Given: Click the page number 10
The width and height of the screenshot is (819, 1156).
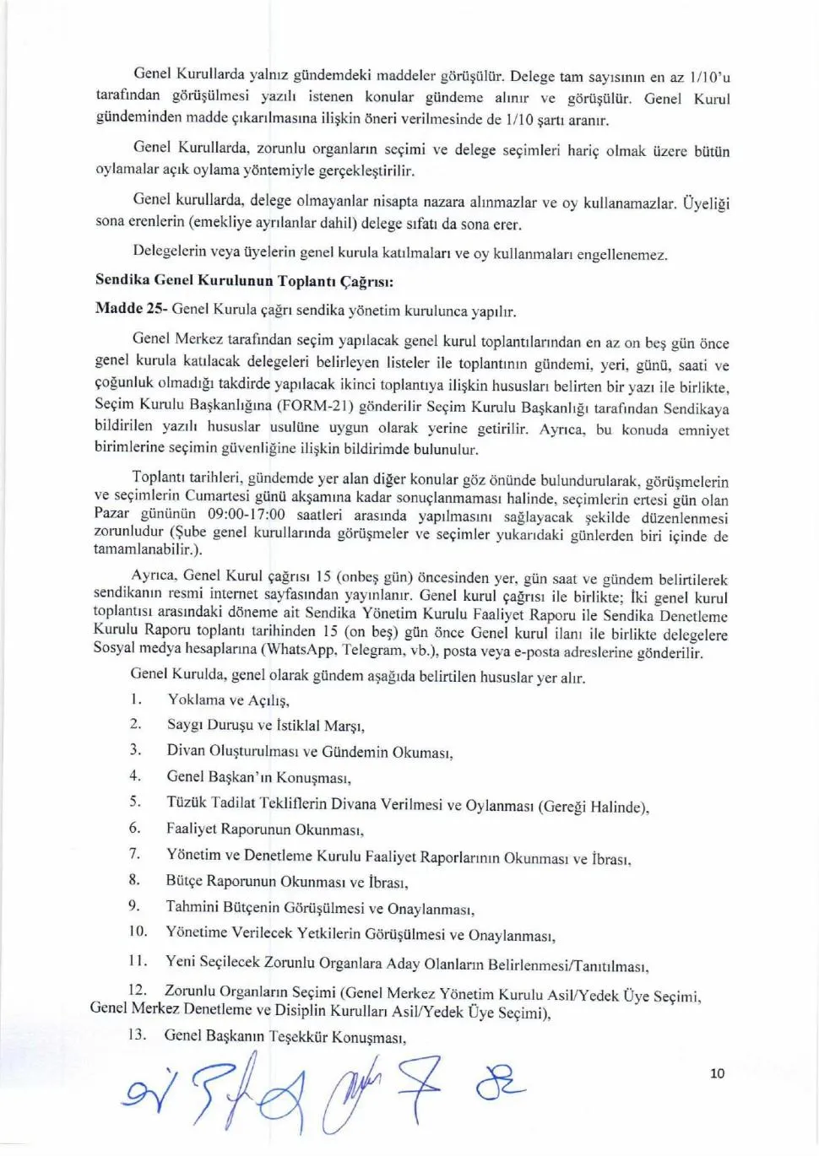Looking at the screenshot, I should click(x=717, y=1073).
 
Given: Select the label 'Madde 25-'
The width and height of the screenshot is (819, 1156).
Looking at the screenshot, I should click(x=130, y=308).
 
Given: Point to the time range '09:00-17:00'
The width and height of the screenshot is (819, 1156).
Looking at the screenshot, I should click(x=246, y=514).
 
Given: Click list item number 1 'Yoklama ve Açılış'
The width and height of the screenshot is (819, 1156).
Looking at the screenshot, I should click(x=228, y=700).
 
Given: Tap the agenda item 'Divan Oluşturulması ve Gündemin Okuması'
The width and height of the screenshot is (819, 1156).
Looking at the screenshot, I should click(x=309, y=751).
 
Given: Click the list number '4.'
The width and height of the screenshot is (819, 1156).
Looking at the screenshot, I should click(x=135, y=775).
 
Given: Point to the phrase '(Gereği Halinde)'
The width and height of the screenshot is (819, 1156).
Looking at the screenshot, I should click(x=594, y=806).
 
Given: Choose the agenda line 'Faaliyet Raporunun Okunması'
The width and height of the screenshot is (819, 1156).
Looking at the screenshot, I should click(x=264, y=829).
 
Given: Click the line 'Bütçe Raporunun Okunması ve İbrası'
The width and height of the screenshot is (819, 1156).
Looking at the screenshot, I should click(x=286, y=882).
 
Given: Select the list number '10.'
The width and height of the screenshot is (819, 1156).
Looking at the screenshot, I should click(x=138, y=932).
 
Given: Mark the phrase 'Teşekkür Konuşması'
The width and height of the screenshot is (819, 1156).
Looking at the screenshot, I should click(x=337, y=1037).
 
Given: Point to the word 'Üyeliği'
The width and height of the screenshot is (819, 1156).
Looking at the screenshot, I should click(x=705, y=203).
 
